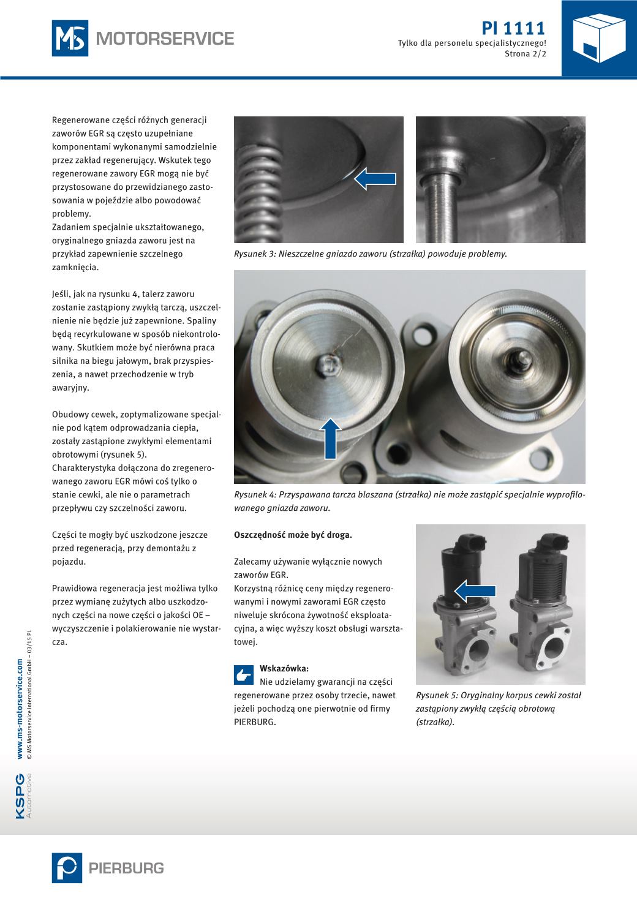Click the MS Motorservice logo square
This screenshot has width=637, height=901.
(x=69, y=39)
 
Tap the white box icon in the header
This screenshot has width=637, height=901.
(x=599, y=37)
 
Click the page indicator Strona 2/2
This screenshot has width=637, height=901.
(x=525, y=54)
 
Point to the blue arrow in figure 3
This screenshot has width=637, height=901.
(x=375, y=179)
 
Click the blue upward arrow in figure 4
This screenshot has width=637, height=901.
(x=331, y=437)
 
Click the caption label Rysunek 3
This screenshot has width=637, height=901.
(x=254, y=254)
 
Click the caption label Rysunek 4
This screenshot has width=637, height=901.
(x=254, y=495)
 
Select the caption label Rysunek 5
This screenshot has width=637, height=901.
(x=435, y=695)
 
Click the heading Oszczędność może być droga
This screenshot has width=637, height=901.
(x=293, y=535)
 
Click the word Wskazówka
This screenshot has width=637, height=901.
(x=284, y=668)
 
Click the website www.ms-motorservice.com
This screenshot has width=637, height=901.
(x=20, y=709)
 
